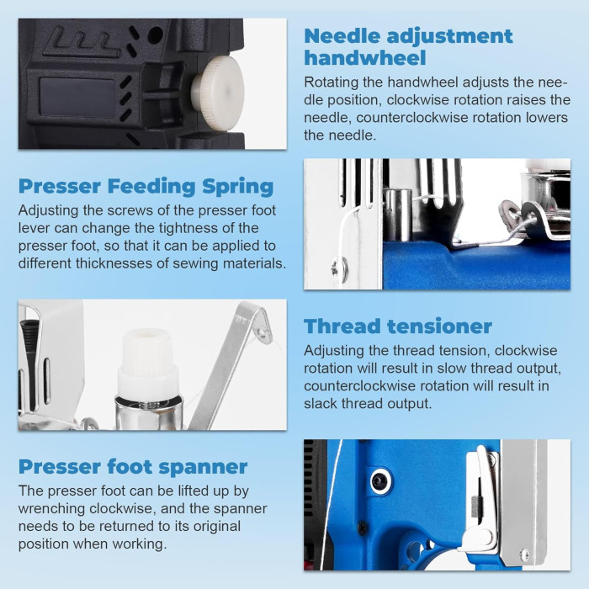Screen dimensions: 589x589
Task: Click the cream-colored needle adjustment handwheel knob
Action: (219, 91)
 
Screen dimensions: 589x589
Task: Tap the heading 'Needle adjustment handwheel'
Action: (408, 47)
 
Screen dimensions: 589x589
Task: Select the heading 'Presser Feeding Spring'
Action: (146, 187)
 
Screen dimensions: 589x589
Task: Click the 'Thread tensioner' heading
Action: (398, 326)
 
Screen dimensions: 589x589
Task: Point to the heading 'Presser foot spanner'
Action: (133, 467)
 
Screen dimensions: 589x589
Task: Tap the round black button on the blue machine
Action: (380, 480)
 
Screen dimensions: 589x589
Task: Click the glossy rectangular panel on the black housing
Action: (77, 97)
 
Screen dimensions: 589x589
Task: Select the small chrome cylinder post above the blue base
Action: (398, 215)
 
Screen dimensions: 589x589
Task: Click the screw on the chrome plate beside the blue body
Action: (340, 268)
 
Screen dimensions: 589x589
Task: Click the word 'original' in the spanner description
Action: (216, 527)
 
